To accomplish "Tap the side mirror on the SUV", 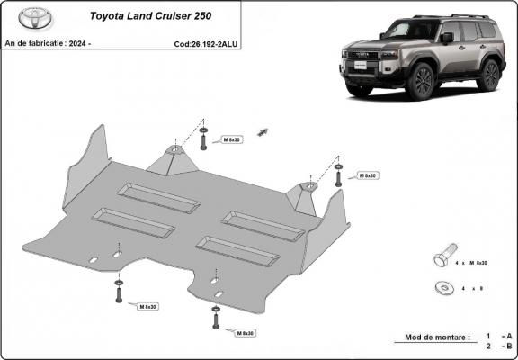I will pos(447,38).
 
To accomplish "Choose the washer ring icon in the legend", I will pos(442,287).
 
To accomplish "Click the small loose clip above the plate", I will pos(263,132).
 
